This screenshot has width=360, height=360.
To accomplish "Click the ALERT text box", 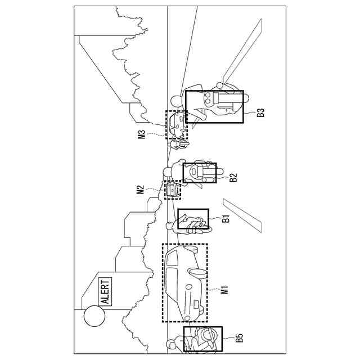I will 105,291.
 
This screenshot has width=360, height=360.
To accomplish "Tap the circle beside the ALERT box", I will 94,316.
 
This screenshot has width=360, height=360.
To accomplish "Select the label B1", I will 226,219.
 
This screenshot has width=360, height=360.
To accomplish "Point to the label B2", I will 233,178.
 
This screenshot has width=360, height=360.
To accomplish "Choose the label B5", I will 239,337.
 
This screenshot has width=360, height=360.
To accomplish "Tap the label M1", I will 224,290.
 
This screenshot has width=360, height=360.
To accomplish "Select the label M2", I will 141,190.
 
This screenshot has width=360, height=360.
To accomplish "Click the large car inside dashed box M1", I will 184,281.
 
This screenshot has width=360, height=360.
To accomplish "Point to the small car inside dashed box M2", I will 173,190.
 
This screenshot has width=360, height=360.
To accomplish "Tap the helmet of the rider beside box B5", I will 173,341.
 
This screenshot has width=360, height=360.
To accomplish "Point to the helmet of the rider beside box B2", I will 168,171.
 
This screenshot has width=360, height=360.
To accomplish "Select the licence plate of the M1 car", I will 195,306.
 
